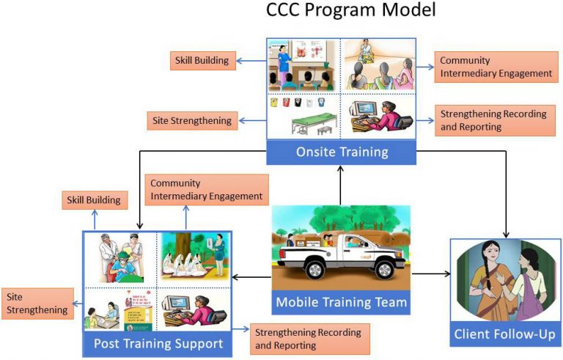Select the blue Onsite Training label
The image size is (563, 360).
tap(341, 152)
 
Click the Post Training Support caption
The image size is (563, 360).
tap(157, 343)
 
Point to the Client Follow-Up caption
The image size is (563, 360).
tap(505, 335)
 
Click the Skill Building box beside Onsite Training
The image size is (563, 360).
tap(202, 60)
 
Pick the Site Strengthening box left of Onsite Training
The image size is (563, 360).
tap(191, 120)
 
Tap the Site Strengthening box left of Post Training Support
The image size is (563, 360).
tap(37, 304)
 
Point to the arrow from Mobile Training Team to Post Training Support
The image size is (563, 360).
tap(252, 277)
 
